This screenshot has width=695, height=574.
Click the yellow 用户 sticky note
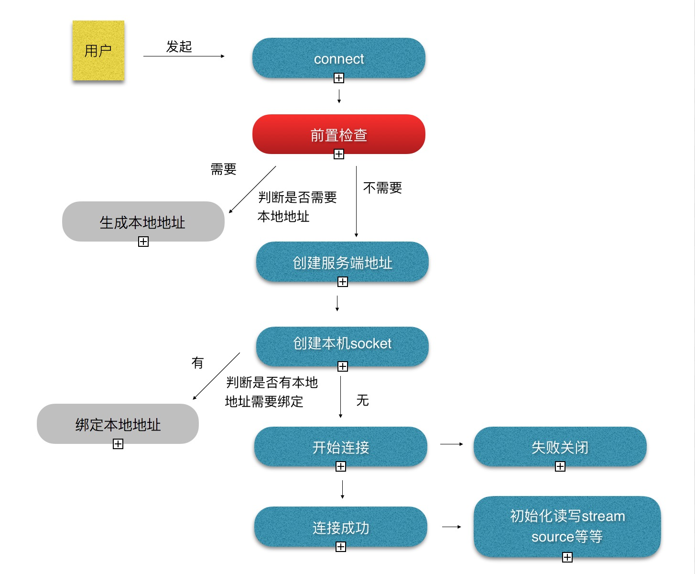coord(98,51)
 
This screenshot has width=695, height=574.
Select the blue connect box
coord(339,58)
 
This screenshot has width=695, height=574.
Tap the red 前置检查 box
coord(339,134)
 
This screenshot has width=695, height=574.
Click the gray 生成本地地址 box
coord(143,221)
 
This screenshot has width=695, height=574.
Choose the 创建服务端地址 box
coord(342,262)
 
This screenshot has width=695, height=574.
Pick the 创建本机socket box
coord(342,346)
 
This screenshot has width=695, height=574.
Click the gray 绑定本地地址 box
coord(118,424)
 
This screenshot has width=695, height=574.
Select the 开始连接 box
coord(340,446)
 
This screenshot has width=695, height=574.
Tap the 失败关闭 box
coord(560,446)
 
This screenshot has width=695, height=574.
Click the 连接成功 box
coord(340,527)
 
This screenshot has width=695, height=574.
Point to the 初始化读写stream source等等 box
coord(567,526)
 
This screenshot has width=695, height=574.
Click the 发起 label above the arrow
coord(179,46)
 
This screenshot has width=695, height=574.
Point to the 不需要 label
coord(382,188)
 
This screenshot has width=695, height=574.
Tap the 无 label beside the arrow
coord(362,400)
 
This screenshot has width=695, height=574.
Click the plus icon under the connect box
coord(339,78)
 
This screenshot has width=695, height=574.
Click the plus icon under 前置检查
coord(339,154)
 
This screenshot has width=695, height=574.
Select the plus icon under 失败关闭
coord(560,466)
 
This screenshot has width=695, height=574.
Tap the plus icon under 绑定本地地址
coord(118,444)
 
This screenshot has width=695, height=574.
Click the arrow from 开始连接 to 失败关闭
coord(452,444)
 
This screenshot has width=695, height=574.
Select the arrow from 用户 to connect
coord(184,56)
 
